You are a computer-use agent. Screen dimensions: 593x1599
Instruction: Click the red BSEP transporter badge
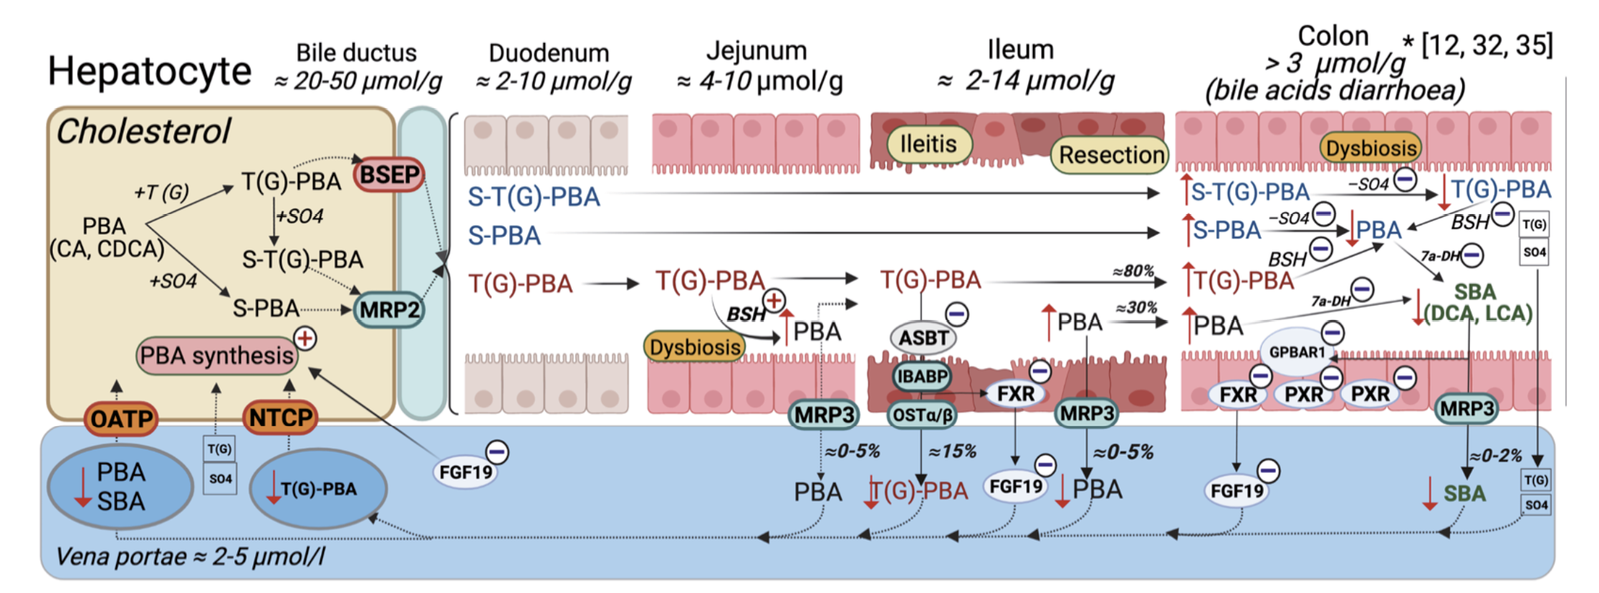[389, 175]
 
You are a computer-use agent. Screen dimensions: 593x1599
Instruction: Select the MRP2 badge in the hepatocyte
[389, 310]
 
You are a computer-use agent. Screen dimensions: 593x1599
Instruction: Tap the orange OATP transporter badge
[121, 418]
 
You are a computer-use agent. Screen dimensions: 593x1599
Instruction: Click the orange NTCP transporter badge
[280, 417]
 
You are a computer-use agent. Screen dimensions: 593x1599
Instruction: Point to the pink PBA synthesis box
[216, 355]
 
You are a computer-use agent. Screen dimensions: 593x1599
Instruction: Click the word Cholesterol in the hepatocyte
[143, 132]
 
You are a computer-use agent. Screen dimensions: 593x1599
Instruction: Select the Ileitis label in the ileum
[928, 144]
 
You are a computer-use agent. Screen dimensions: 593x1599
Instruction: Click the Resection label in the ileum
[1111, 155]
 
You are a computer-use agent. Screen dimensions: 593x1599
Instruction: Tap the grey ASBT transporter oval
[923, 337]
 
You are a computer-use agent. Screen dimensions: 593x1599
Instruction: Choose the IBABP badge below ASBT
[922, 376]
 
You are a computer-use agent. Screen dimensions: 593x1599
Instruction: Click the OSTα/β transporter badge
[922, 415]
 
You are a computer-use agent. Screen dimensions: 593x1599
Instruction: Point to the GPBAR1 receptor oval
[1297, 352]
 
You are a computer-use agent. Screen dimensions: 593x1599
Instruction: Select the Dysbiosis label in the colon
[1370, 148]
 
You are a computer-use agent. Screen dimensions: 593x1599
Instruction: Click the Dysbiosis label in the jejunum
[694, 347]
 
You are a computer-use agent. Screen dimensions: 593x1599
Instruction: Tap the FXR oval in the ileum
[1015, 394]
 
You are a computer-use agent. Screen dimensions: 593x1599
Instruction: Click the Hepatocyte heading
[150, 71]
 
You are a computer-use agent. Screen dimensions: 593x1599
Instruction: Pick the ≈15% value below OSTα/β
[952, 452]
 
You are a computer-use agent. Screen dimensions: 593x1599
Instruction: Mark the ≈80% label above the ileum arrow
[1133, 271]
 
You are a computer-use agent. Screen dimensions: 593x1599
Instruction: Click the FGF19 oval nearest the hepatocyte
[466, 473]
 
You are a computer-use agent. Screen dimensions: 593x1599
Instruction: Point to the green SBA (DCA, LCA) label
[1477, 302]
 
